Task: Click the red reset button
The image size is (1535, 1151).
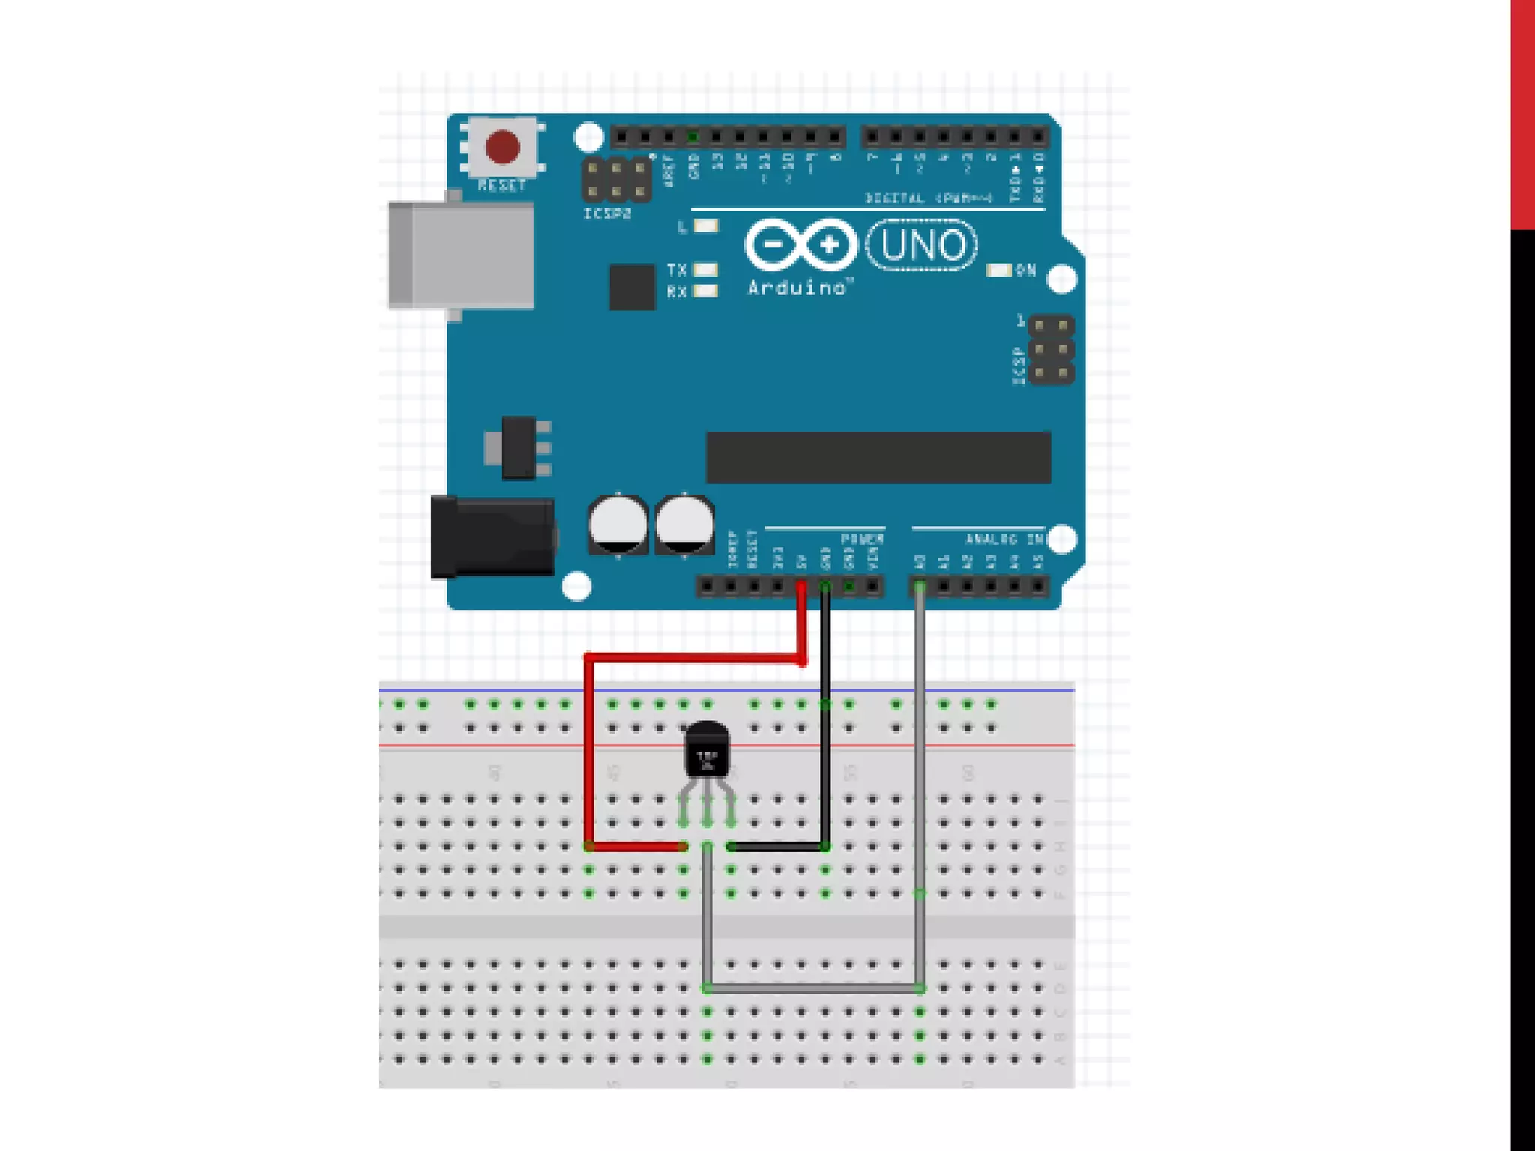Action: coord(502,147)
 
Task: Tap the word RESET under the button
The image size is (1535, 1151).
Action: coord(501,185)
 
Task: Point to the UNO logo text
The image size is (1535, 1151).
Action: coord(922,245)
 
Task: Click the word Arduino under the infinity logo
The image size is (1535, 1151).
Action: coord(797,288)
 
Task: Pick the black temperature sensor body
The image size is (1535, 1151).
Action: coord(706,751)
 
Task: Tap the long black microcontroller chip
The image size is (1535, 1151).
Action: coord(878,457)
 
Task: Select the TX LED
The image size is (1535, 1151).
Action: coord(705,269)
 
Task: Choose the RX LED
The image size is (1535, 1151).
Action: coord(705,291)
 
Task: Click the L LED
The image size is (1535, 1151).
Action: coord(706,226)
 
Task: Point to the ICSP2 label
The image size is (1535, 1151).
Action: coord(607,214)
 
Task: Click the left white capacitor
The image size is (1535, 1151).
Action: coord(618,523)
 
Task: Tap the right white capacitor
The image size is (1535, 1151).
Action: coord(684,523)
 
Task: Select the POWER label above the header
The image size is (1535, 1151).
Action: coord(862,539)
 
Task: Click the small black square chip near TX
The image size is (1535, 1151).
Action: coord(632,286)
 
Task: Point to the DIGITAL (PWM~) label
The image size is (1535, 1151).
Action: coord(929,199)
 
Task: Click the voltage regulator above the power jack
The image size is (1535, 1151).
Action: coord(518,447)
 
